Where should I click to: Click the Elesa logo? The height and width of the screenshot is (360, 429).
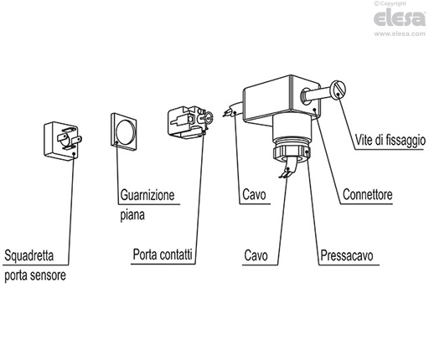point(400,18)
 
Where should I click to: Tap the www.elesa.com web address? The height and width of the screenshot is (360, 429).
point(400,33)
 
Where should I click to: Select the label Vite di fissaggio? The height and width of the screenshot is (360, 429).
point(390,140)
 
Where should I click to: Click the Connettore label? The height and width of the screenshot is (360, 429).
point(368,194)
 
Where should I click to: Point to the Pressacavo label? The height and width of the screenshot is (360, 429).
point(347,255)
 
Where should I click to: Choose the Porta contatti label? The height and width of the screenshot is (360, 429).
point(163,255)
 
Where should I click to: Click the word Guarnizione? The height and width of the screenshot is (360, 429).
point(147,195)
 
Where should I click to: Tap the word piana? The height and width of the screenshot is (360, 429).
point(132,215)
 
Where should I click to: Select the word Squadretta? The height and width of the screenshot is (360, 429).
point(28,255)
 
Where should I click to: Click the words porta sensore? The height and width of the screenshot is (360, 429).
point(35,275)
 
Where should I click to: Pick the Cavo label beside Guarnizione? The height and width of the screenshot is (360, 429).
point(254,194)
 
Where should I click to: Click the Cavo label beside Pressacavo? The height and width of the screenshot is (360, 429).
point(256,255)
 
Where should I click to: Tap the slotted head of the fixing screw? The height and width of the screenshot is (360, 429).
point(339,90)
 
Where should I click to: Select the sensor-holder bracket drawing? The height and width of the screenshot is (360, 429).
point(63,141)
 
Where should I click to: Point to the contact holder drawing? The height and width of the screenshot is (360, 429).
point(190,122)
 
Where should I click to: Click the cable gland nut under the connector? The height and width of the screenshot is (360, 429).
point(291,153)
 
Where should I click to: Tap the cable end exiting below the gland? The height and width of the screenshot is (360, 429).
point(287,169)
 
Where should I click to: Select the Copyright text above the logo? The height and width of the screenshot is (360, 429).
point(390,3)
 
